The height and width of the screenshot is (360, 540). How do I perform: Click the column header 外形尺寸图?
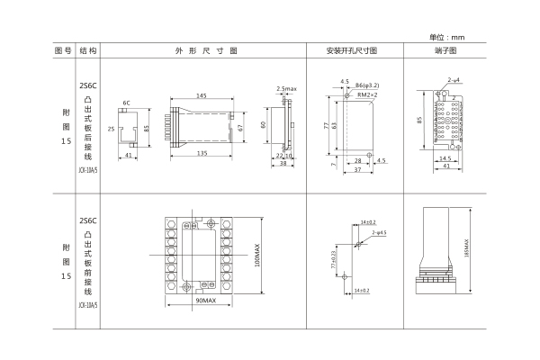[206, 51]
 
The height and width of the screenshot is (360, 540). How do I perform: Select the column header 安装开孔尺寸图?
[358, 51]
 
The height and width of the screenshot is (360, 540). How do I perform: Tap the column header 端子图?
[445, 51]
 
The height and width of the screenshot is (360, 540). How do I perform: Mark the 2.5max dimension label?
[287, 88]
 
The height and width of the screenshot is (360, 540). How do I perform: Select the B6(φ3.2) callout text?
[373, 85]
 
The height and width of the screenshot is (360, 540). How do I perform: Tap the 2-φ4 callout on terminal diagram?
[454, 82]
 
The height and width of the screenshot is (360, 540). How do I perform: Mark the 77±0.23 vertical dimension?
[336, 257]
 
